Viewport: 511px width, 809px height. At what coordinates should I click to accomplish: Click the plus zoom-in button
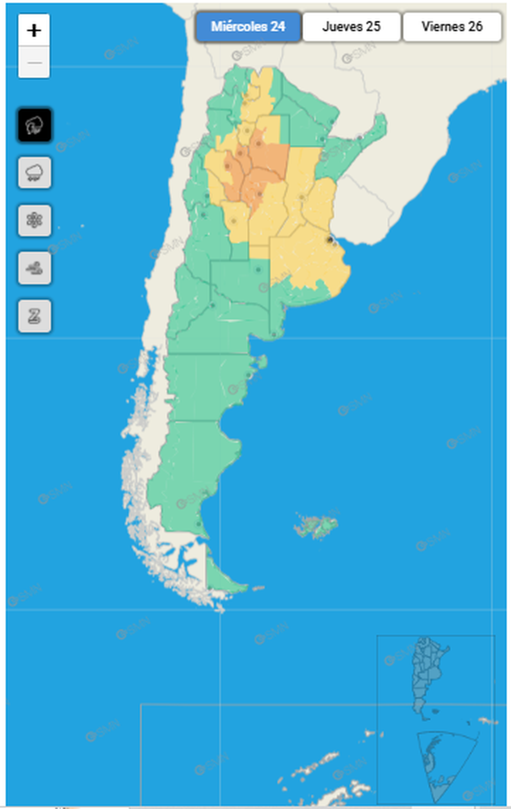pos(34,31)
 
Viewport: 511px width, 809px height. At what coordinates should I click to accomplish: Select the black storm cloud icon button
pos(34,125)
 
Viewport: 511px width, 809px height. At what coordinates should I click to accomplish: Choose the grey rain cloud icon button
pos(34,173)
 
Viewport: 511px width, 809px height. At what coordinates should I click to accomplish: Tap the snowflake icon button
pos(34,220)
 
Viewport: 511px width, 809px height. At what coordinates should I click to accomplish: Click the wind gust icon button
pos(34,268)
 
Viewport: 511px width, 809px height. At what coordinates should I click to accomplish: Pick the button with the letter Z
pos(34,316)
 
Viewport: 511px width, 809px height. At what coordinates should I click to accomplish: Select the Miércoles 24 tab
pos(248,27)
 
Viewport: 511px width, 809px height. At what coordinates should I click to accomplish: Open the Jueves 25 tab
pos(352,27)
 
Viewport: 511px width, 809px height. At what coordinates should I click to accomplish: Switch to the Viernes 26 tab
pos(452,27)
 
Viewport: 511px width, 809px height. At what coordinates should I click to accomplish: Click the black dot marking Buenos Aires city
pos(330,239)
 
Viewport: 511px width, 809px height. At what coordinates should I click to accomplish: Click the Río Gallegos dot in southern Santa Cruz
pos(199,524)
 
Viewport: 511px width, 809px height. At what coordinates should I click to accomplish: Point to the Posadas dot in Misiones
pos(360,137)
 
